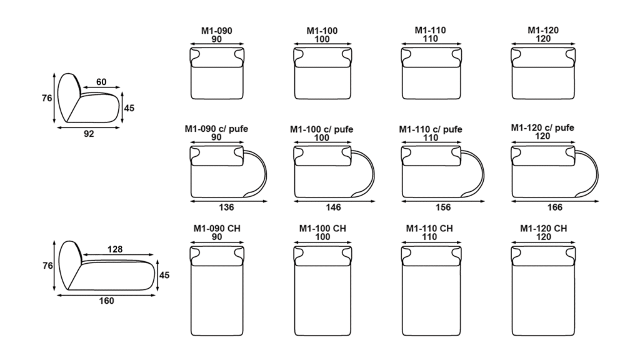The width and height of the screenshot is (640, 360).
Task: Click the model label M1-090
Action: (x=216, y=31)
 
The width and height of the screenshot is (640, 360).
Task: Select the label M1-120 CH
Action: (x=543, y=229)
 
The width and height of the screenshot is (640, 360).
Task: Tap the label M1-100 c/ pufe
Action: (x=322, y=129)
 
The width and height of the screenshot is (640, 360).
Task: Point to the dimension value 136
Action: (x=226, y=207)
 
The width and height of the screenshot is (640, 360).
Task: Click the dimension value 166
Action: (x=555, y=207)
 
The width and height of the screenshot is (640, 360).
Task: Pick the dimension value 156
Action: (x=443, y=207)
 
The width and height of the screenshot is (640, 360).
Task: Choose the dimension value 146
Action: (x=333, y=207)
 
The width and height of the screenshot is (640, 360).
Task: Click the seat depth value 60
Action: (x=101, y=82)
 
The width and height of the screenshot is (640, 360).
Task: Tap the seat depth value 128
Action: (x=115, y=249)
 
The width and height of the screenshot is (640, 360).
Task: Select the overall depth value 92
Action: (x=89, y=134)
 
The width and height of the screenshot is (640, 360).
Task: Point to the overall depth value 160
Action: (x=106, y=301)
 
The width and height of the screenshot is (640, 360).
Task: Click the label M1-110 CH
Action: (x=429, y=229)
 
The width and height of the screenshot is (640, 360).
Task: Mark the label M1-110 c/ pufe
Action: (x=431, y=129)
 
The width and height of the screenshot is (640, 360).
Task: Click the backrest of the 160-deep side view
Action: (x=69, y=264)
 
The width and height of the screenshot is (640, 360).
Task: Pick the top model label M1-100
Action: (x=322, y=31)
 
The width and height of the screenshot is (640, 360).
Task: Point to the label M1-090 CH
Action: (x=217, y=229)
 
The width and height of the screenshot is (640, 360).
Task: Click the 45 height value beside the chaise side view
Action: (x=164, y=276)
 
